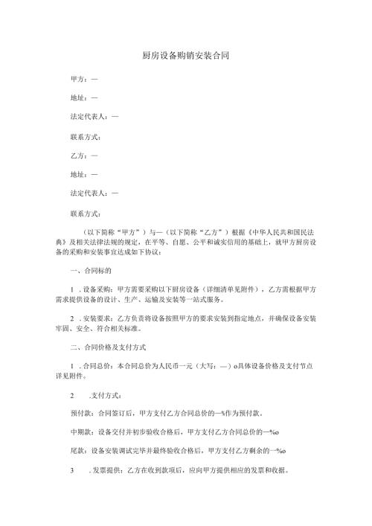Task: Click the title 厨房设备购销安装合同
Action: click(x=185, y=56)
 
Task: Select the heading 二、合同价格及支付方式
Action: click(x=108, y=347)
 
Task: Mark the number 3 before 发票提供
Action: click(x=71, y=472)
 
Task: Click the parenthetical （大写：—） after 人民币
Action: click(x=209, y=367)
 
